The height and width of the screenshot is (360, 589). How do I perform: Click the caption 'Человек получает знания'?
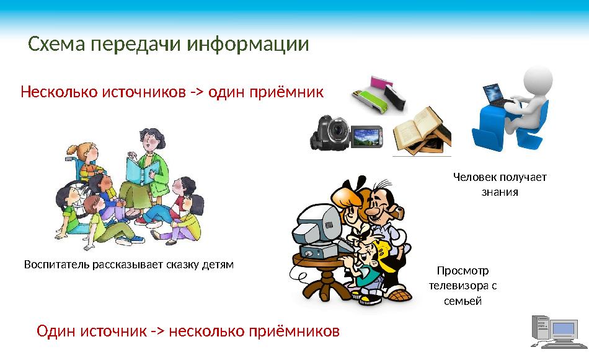[500, 185]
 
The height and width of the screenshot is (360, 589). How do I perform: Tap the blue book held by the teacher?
[136, 170]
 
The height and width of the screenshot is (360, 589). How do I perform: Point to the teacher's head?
[151, 139]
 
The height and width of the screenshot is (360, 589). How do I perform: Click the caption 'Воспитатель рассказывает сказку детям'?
[128, 265]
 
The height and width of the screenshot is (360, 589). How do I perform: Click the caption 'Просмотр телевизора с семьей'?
[463, 286]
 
